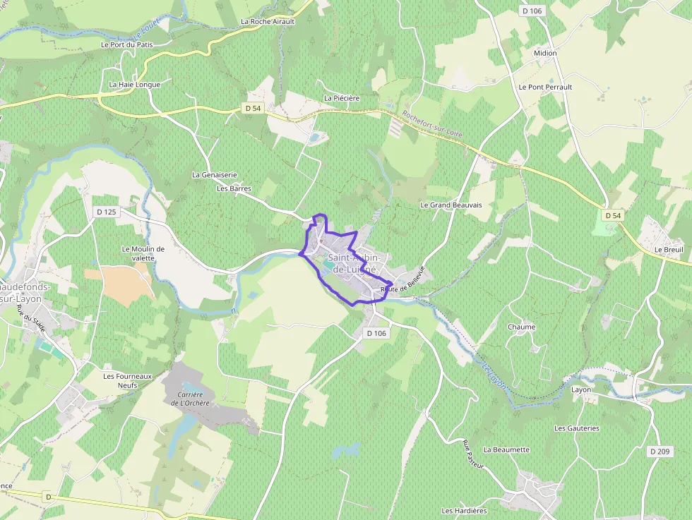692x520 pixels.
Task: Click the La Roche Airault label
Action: tap(268, 21)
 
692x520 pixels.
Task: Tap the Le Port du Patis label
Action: tap(126, 44)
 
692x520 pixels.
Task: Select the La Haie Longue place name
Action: tap(134, 85)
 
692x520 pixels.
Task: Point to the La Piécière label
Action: tap(342, 98)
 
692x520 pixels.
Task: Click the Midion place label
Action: tap(545, 53)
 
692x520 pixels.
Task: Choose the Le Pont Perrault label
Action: tap(545, 87)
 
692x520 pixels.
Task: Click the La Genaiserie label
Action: tap(215, 174)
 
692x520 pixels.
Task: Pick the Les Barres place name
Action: tap(234, 188)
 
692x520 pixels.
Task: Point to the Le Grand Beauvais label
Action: tap(451, 205)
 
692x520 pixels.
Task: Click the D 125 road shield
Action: tap(106, 212)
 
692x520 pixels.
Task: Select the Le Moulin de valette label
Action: tap(143, 253)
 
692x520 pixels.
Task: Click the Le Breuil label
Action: tap(668, 249)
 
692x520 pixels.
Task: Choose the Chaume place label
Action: tap(521, 327)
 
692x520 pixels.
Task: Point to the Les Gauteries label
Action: tap(576, 428)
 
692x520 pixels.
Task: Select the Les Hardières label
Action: tap(464, 511)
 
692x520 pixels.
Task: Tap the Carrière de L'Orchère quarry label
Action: tap(187, 399)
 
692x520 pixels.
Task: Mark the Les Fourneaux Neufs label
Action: tap(128, 381)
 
